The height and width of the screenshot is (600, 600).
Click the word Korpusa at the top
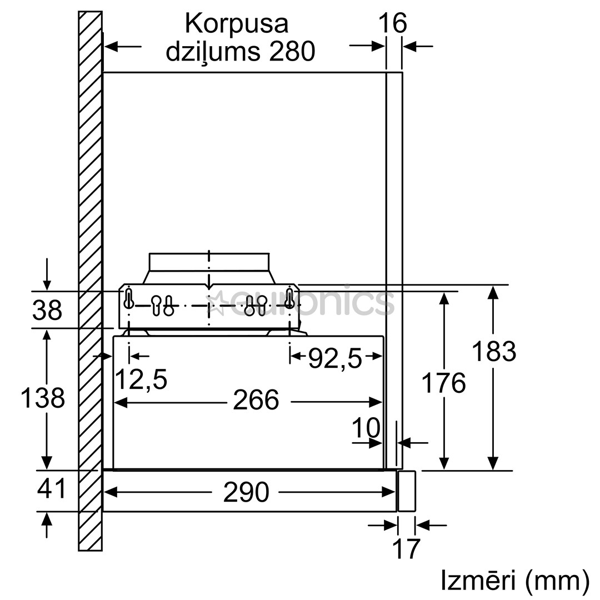point(236,24)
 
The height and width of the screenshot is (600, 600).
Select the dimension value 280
point(292,52)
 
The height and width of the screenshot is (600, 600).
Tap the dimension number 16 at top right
point(393,24)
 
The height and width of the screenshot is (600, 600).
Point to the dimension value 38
point(47,311)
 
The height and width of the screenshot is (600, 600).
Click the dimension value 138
point(43,398)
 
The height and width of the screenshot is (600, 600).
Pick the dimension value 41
point(52,489)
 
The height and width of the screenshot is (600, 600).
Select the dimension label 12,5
point(141,380)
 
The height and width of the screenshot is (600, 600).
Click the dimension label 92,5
point(335,359)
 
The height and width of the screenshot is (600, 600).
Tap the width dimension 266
point(256,400)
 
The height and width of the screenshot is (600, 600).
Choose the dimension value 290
point(246,492)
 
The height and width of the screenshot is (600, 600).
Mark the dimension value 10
point(366,428)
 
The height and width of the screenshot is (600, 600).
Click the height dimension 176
point(443,383)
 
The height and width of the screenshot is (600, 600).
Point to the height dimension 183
point(494,351)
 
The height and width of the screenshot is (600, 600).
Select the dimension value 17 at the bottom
point(406,549)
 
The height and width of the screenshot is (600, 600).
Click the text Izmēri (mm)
point(514,581)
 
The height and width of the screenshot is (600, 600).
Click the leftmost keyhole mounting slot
point(129,298)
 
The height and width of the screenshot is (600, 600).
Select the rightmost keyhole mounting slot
point(289,298)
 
